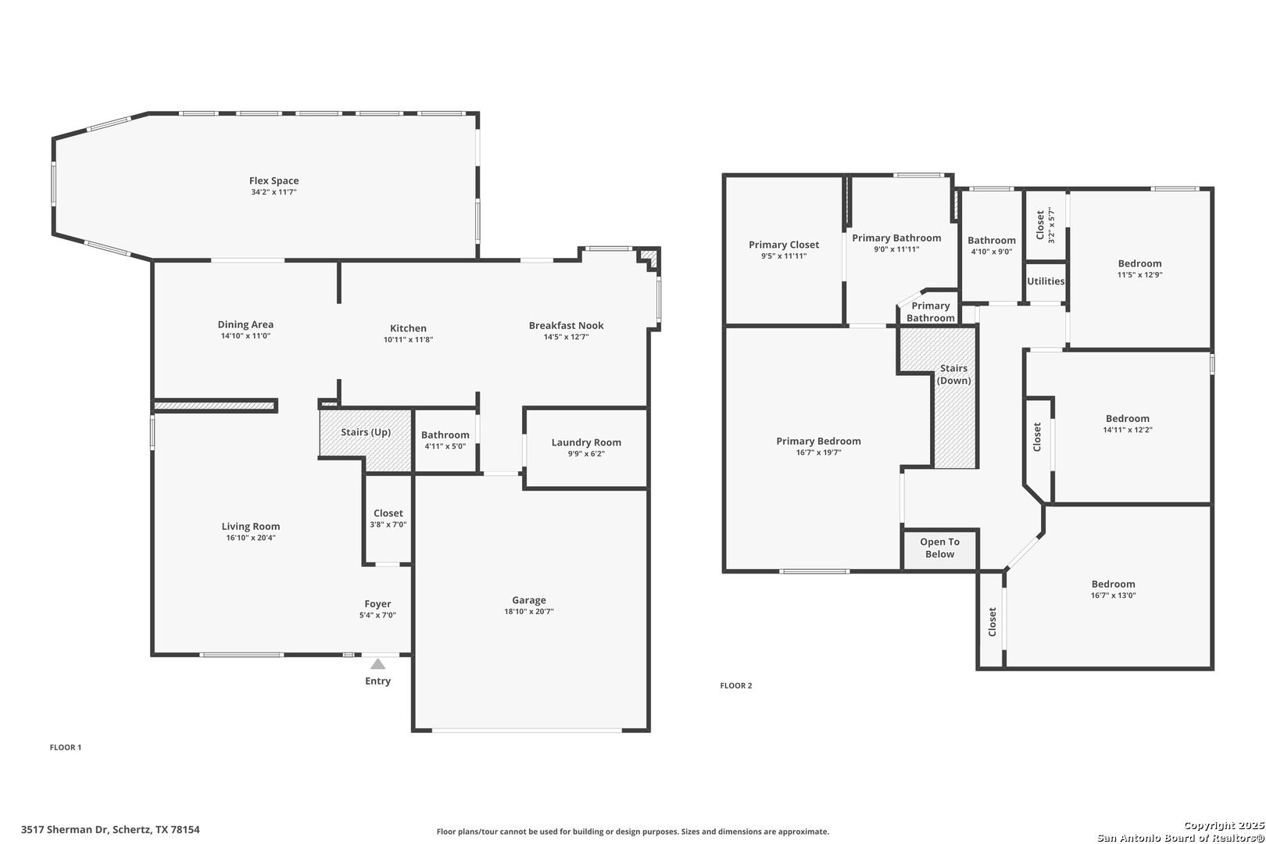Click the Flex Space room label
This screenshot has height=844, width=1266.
click(274, 181)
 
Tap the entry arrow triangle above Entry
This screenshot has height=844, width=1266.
click(377, 663)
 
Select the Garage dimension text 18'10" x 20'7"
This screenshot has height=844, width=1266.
click(529, 611)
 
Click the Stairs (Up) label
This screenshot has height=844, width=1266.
click(366, 432)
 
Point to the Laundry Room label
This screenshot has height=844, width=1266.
click(586, 442)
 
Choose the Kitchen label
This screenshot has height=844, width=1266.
click(408, 328)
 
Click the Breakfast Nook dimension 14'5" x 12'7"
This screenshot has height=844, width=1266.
click(567, 337)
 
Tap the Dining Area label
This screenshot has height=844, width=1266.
click(245, 324)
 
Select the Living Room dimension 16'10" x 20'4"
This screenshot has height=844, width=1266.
click(251, 538)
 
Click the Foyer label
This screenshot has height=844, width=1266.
click(377, 604)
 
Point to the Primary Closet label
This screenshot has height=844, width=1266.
click(784, 245)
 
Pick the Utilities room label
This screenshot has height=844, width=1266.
click(1046, 281)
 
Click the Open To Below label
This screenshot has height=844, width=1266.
click(939, 548)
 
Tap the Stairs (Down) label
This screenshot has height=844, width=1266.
click(953, 374)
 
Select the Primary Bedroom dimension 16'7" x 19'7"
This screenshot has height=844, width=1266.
click(818, 452)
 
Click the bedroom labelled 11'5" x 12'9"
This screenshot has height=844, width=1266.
click(1139, 264)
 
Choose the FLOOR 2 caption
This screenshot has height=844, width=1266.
click(736, 685)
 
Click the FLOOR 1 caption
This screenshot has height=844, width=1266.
click(66, 747)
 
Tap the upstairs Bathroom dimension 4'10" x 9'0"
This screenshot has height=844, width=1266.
click(992, 252)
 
